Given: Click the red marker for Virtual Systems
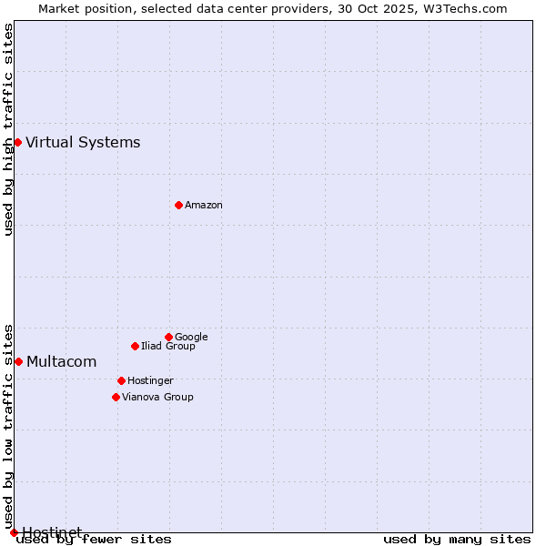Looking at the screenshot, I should [x=17, y=142].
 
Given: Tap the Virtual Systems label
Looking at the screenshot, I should [x=83, y=142].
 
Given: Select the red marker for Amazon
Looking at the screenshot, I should [x=178, y=205].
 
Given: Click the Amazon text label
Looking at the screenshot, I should [x=204, y=206].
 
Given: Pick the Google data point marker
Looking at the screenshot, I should [x=168, y=337].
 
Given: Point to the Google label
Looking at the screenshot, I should [x=191, y=338].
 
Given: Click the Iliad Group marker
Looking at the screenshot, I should [x=135, y=346].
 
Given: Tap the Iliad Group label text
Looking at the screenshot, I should [x=168, y=347].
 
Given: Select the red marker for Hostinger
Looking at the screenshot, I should [x=121, y=380].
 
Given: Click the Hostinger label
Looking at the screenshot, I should [x=150, y=381].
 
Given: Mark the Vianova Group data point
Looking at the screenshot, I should [x=116, y=397].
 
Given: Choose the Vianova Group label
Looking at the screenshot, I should [x=157, y=398].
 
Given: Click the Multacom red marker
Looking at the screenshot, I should [x=18, y=361].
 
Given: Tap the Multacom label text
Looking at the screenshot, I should [x=61, y=362].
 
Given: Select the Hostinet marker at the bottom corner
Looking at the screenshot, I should [x=14, y=532].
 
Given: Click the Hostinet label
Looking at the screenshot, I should [x=52, y=531].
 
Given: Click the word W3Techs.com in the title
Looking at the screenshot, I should [x=470, y=9].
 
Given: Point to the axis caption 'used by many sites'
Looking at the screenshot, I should [x=457, y=540].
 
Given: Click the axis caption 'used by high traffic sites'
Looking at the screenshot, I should [x=9, y=129].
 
